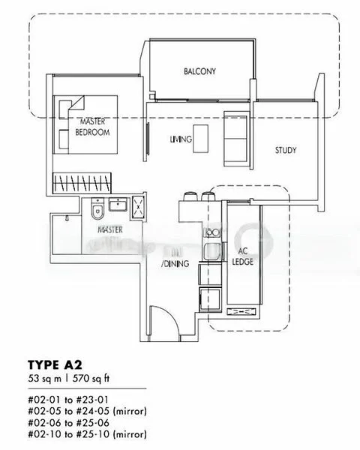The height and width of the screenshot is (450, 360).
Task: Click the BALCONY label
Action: (199, 72)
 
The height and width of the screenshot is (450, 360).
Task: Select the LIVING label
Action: (181, 139)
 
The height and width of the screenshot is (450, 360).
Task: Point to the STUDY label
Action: (285, 150)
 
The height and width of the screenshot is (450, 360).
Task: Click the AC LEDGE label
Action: (243, 256)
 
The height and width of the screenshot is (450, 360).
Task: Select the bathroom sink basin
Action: (118, 205)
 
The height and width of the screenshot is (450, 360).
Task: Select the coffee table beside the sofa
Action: (200, 139)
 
